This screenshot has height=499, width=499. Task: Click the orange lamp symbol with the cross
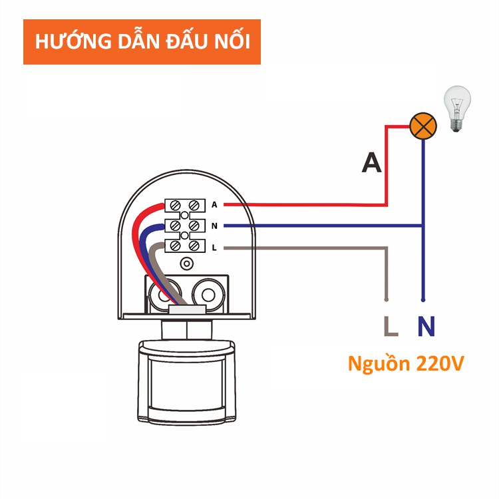click(x=422, y=125)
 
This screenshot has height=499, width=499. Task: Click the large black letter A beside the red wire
click(x=372, y=163)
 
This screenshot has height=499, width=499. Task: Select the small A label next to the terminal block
click(x=214, y=204)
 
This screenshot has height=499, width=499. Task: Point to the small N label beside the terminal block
click(x=214, y=226)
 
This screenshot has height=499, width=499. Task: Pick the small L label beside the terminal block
click(x=214, y=248)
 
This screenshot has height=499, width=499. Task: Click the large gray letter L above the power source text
click(x=391, y=327)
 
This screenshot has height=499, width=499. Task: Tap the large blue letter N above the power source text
click(x=426, y=327)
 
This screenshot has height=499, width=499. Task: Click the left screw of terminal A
click(x=177, y=204)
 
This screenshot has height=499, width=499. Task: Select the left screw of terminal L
click(x=177, y=247)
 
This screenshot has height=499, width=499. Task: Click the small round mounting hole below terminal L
click(x=187, y=264)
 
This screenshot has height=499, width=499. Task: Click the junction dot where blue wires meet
click(x=423, y=226)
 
